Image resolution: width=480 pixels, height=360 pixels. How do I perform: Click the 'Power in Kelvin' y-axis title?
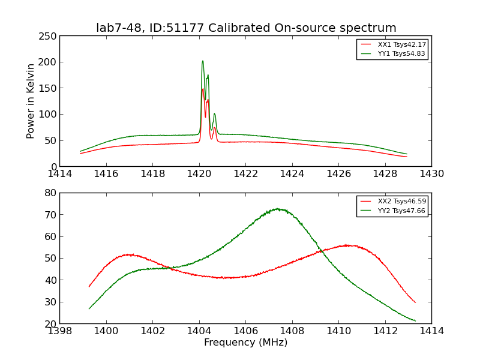coord(31,101)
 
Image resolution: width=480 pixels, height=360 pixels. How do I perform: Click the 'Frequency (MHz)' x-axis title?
coord(245,343)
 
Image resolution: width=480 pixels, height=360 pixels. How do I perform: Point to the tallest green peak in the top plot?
coord(203,61)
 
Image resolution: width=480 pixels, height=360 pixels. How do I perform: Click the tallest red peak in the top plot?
coord(203,89)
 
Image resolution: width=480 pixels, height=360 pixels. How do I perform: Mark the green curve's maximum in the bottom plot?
coord(277,209)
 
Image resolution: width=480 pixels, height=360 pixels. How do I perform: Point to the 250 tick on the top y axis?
coord(50,36)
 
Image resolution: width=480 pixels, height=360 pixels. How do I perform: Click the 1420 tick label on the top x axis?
coord(199,173)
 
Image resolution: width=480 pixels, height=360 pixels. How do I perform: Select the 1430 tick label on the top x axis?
coord(431,173)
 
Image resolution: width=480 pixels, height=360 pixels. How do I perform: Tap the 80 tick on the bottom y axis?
coord(50,193)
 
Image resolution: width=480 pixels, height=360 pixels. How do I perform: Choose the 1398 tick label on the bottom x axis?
coord(59,331)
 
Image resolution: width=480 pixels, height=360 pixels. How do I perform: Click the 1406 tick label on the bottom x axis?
coord(245,331)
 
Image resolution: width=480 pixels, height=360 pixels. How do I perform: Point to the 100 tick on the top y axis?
coord(50,115)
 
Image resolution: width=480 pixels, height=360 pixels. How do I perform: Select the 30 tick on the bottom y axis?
coord(50,302)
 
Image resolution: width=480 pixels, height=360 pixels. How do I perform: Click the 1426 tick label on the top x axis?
coord(338,173)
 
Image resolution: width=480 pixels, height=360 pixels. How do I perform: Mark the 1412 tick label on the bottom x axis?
coord(385,331)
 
